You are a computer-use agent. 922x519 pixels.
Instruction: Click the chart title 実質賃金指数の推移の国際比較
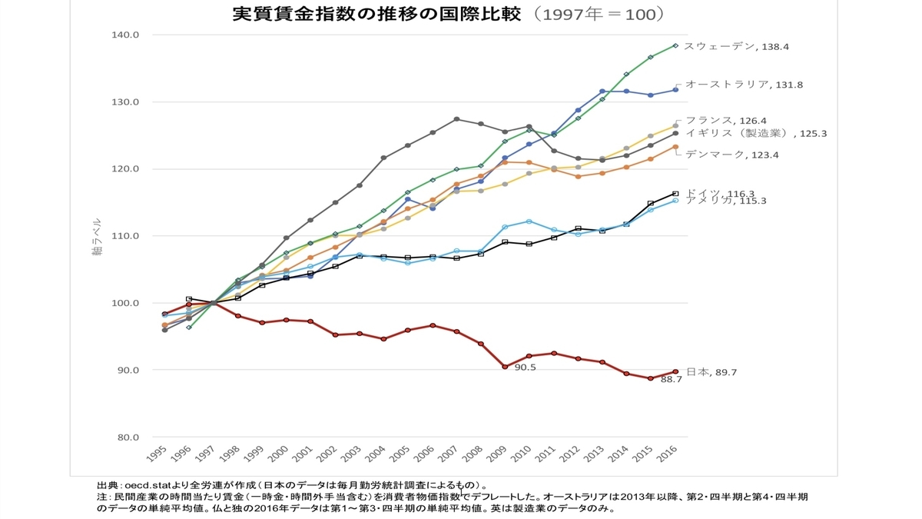(376, 14)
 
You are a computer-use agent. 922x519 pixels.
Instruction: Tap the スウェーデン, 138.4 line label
(736, 47)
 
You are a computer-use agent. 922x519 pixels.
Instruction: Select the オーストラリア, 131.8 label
(745, 85)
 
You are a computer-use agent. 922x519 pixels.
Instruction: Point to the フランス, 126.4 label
(726, 120)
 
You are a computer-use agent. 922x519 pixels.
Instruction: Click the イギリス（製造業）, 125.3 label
(756, 133)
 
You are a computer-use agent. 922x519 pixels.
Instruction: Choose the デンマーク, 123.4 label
(732, 155)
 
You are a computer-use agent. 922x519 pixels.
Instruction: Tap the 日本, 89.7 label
(711, 372)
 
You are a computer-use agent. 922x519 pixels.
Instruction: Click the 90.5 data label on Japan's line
(526, 368)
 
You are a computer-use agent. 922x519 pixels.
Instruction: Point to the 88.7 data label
(672, 379)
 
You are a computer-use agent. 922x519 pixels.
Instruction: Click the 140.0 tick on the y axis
(125, 35)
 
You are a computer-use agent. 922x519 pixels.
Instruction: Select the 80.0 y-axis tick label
(128, 437)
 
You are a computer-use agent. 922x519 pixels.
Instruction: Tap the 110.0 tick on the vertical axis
(125, 236)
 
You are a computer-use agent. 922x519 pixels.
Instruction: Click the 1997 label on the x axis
(205, 454)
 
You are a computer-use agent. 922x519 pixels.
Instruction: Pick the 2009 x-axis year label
(497, 454)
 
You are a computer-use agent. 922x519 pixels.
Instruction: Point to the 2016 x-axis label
(667, 454)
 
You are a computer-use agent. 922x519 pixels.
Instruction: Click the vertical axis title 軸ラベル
(97, 237)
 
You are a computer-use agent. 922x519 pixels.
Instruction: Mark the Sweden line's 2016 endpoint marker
(675, 45)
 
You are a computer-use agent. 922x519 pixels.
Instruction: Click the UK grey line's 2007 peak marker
(456, 119)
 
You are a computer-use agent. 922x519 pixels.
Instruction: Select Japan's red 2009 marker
(505, 367)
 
